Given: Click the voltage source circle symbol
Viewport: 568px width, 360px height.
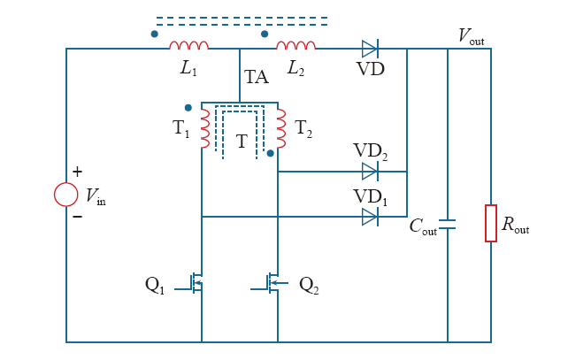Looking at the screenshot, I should point(66,195).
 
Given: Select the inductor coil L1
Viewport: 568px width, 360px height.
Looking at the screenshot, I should point(189,46).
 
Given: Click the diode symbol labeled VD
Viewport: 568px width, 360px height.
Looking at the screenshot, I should point(369,48).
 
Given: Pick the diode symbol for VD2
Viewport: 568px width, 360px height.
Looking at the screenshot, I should point(370,172).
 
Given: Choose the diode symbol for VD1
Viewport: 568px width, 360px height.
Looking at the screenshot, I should point(370,216).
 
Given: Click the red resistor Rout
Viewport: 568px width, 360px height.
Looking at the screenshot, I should point(491,223).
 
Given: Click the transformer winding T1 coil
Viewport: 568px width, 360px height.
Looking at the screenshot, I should point(205,130).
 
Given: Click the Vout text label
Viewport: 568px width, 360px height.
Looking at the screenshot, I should point(471,35).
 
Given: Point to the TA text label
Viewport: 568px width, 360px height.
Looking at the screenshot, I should point(257,78).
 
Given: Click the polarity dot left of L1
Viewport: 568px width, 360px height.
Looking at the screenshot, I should point(155,34).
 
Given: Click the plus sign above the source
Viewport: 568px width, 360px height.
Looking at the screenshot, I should point(77,172).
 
